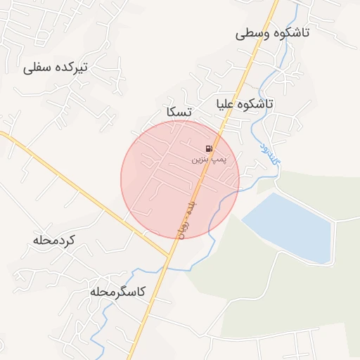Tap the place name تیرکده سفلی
tap(55, 67)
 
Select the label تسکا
tap(180, 112)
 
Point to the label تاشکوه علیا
tap(244, 103)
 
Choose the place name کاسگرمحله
tap(117, 291)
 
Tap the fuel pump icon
tap(209, 148)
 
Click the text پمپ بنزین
tap(209, 160)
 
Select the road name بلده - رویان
tap(185, 218)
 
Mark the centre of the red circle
tap(180, 180)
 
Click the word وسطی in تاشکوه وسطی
tap(251, 33)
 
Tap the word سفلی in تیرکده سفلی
tap(37, 68)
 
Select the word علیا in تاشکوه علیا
tap(226, 104)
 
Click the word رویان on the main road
tap(179, 229)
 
